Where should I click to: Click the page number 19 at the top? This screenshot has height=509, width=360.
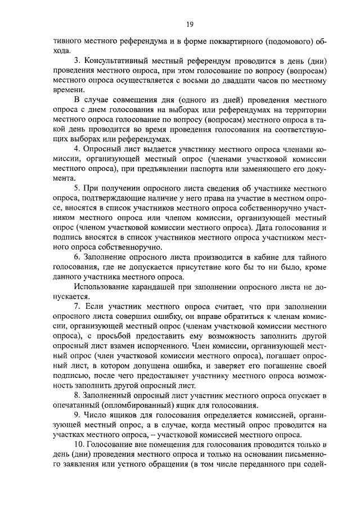click(x=190, y=24)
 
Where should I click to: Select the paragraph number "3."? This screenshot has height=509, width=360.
click(x=78, y=61)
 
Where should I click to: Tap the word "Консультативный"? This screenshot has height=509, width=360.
click(x=119, y=61)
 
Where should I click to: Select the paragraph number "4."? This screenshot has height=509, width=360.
click(x=78, y=150)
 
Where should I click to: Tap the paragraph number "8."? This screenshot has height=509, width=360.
click(x=78, y=396)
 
